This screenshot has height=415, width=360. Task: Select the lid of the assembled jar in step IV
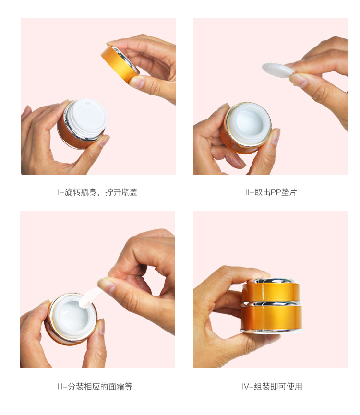click(271, 290)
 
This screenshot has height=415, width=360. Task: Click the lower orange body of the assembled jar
click(271, 317)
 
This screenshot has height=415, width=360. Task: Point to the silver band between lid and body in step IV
click(271, 303)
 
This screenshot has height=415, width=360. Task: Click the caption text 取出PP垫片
click(276, 192)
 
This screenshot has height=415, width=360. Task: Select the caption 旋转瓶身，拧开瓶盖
click(101, 192)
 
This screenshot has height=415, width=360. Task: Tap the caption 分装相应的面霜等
click(100, 386)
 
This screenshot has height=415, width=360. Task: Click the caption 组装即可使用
click(278, 386)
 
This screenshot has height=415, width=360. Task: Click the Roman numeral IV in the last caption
click(245, 387)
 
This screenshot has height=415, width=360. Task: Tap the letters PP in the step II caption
click(276, 192)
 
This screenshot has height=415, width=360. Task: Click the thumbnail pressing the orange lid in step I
click(137, 82)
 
